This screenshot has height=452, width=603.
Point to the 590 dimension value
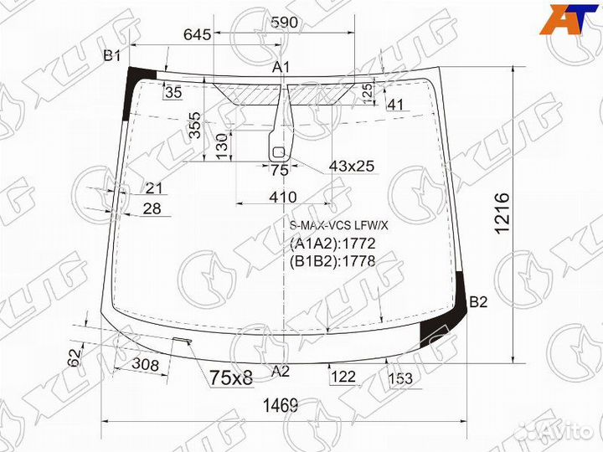284,23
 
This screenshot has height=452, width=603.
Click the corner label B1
112,56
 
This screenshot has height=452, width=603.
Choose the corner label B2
478,302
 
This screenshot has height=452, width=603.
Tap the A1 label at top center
281,67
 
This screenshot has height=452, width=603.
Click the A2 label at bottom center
281,371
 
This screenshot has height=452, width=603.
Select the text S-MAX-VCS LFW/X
339,225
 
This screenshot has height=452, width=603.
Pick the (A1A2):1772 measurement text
332,244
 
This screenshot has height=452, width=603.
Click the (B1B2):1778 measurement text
332,260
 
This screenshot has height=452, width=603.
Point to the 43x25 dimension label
351,166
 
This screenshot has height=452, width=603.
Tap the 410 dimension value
283,197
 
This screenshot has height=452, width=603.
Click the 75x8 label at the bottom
230,378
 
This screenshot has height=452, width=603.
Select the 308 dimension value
146,364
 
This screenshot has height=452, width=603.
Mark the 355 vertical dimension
194,126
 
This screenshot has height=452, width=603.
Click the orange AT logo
570,18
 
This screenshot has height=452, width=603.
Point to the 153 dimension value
401,379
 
